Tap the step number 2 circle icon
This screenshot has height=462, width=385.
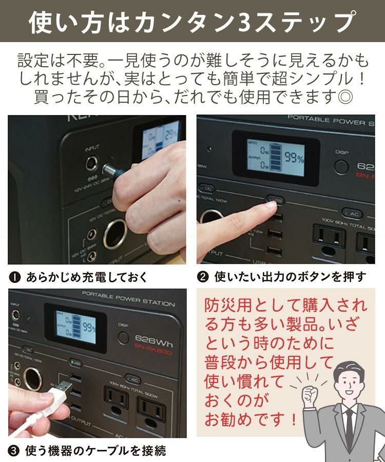203,277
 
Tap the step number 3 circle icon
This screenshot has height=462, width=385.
15,451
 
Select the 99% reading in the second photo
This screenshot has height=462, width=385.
294,158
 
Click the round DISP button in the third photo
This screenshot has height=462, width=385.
123,337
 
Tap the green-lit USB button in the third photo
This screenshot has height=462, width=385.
76,363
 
